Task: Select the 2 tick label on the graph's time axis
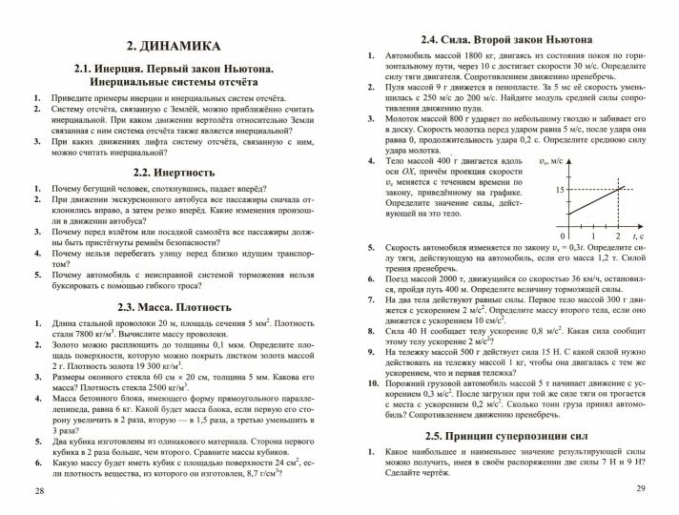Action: click(x=618, y=235)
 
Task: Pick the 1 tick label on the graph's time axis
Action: click(x=592, y=235)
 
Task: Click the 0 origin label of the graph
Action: click(x=564, y=235)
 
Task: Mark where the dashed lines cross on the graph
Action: click(x=618, y=190)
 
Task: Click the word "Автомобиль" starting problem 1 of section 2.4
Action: click(x=413, y=58)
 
